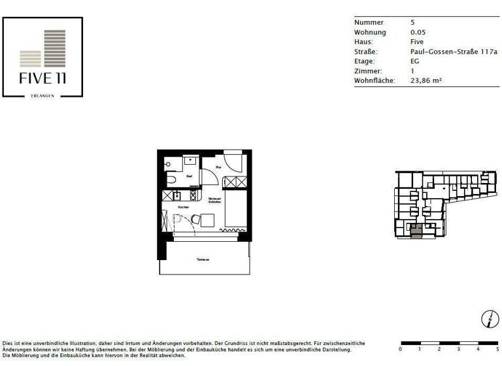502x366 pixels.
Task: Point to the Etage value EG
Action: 414,61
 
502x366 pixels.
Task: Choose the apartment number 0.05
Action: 416,32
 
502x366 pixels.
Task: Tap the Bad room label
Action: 190,176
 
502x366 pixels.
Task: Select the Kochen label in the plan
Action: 183,207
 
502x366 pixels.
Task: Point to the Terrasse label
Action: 203,259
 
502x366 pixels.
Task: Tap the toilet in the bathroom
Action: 171,178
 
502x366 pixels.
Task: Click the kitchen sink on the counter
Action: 177,195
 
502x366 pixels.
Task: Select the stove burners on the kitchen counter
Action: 193,195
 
